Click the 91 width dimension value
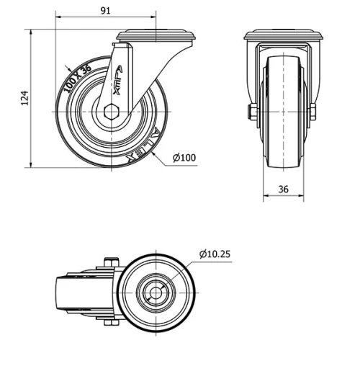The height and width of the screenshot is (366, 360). tap(105, 11)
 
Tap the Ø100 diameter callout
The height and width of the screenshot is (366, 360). tap(184, 158)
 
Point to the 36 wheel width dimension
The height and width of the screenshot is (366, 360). tap(283, 189)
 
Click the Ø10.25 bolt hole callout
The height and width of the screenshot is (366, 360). tap(215, 253)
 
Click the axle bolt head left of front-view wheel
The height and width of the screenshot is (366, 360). tap(251, 112)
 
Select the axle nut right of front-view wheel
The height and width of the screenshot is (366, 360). tap(313, 112)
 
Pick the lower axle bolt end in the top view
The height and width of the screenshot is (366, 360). tap(109, 322)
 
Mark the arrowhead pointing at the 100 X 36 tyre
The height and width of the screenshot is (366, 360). tap(66, 68)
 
